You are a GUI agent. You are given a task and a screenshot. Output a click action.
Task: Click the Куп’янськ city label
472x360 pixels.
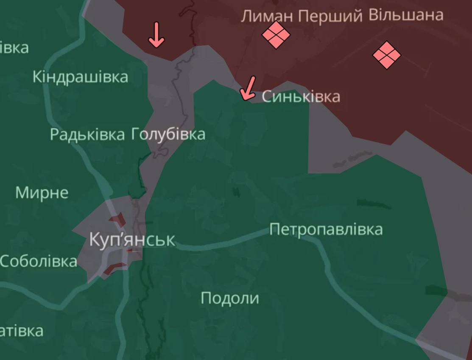(x=131, y=240)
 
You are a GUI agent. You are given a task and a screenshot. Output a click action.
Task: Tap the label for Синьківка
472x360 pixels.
(x=301, y=97)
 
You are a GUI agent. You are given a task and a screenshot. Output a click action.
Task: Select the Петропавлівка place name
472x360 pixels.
(x=326, y=230)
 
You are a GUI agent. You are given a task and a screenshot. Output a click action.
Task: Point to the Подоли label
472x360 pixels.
(x=229, y=298)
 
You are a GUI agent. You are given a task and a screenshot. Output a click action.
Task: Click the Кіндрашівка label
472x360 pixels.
(x=80, y=77)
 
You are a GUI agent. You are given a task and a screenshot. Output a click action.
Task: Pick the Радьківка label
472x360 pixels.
(x=87, y=134)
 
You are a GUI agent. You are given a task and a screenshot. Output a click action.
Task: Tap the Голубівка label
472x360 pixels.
(x=168, y=134)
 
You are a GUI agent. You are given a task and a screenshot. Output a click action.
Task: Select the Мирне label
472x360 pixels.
(x=42, y=193)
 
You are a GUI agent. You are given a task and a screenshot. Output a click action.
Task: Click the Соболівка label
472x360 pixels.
(x=39, y=261)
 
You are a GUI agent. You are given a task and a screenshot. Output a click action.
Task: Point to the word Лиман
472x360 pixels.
(x=267, y=17)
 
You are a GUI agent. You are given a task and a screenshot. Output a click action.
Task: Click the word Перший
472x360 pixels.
(x=330, y=17)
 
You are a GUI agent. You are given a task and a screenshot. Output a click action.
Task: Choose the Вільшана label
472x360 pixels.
(x=406, y=15)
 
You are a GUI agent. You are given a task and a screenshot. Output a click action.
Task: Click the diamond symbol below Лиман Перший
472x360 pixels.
(x=276, y=35)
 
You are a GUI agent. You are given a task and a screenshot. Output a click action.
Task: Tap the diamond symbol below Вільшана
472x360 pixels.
(x=386, y=55)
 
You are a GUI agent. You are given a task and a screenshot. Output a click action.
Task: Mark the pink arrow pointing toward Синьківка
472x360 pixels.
(x=248, y=88)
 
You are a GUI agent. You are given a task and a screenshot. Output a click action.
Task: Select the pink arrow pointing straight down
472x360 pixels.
(x=156, y=35)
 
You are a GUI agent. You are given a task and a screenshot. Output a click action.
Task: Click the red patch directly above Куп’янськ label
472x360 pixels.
(x=117, y=220)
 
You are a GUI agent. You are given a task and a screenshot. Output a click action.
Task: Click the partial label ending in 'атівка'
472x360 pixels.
(x=21, y=331)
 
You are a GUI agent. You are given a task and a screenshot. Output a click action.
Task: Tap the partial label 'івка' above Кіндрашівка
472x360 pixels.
(x=14, y=47)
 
